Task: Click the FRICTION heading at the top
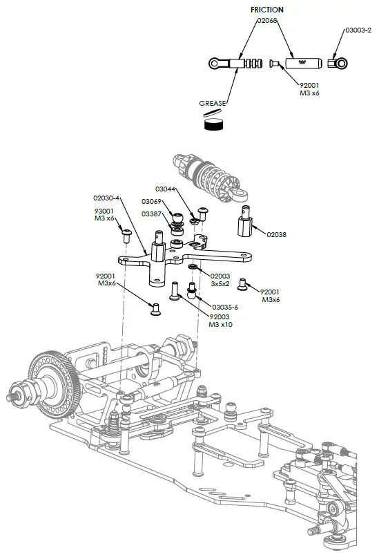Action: pos(266,10)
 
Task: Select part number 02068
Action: pos(266,21)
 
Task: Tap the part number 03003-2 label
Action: pos(358,30)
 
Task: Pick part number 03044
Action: pos(165,189)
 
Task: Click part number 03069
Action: pos(151,201)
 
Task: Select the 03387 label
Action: pos(151,214)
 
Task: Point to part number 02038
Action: pos(276,234)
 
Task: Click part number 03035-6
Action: pos(225,307)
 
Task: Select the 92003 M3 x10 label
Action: pos(222,321)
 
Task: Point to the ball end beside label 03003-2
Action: pos(338,64)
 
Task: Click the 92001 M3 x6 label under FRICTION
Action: pos(309,89)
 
